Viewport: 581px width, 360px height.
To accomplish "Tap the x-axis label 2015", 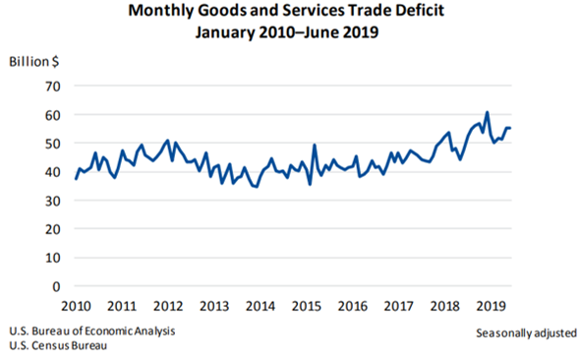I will point(309,306).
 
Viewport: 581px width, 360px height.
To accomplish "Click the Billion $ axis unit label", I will point(35,61).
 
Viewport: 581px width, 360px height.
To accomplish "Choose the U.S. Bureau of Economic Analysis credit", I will point(94,330).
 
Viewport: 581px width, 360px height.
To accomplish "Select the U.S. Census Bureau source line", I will point(58,345).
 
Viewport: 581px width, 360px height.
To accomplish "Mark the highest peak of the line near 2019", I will point(487,113).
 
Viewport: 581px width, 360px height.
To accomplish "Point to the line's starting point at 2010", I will point(76,178).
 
